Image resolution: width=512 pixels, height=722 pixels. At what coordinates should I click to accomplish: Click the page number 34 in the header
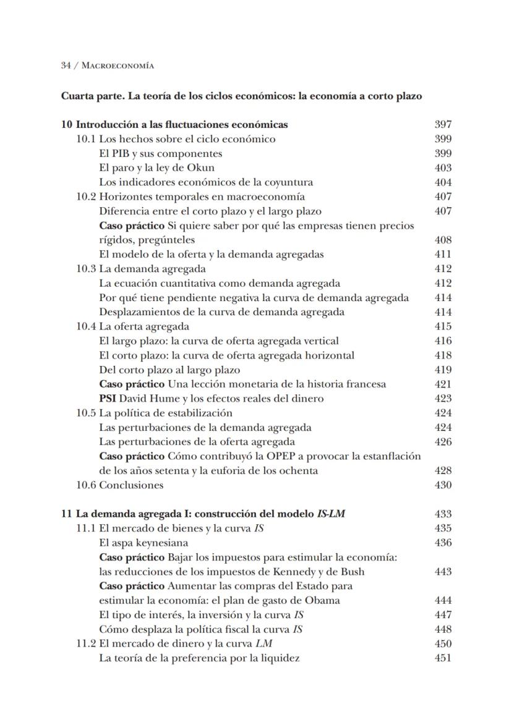[66, 65]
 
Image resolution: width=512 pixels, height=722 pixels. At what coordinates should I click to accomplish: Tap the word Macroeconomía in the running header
[117, 65]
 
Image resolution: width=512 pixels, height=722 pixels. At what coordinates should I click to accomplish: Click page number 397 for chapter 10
[443, 124]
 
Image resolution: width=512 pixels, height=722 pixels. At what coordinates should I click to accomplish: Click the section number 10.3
[86, 268]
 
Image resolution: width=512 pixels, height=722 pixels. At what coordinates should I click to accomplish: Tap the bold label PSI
[108, 399]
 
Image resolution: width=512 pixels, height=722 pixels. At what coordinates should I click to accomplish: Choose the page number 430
[443, 485]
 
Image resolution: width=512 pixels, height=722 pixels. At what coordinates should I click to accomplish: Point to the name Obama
[323, 600]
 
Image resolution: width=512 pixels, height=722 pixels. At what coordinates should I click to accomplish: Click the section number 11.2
[86, 643]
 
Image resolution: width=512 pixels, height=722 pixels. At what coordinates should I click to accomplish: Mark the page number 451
[443, 658]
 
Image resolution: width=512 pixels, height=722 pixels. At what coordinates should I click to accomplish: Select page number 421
[443, 384]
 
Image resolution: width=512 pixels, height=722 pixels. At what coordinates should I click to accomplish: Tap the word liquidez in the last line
[279, 658]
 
